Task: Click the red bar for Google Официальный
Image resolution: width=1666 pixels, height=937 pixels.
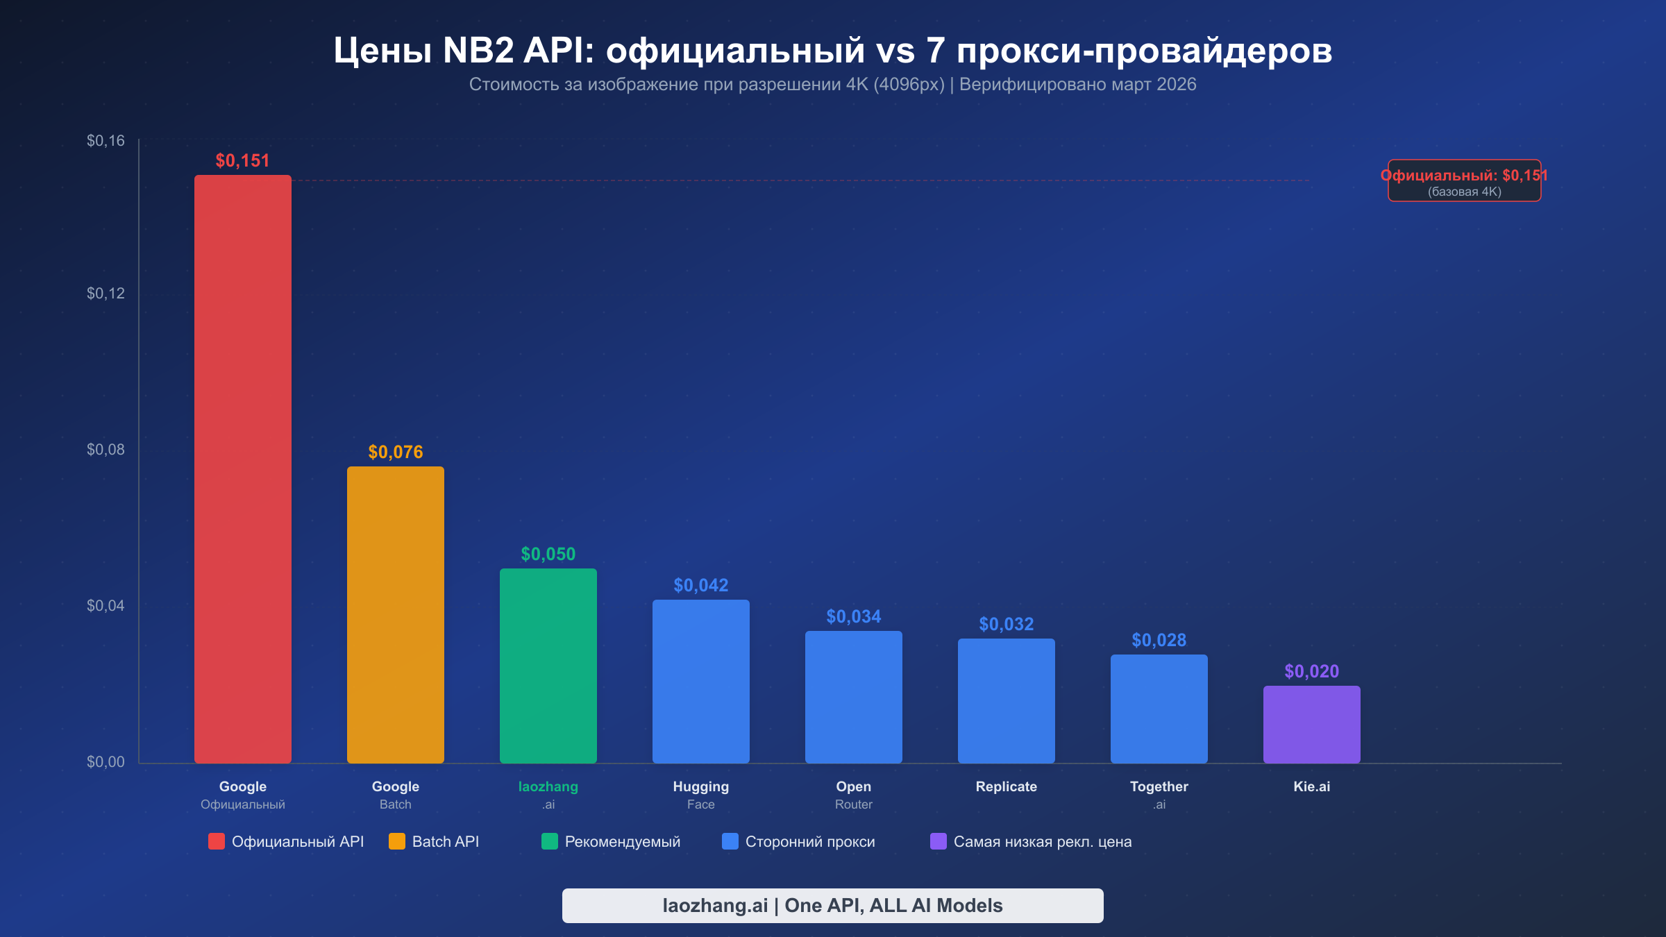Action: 242,468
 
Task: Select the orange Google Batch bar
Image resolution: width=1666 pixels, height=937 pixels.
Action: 395,614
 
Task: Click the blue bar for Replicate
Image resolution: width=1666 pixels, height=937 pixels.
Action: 1006,700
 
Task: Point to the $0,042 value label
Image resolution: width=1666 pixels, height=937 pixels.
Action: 700,585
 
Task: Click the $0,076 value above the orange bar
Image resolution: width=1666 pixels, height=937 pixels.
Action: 395,452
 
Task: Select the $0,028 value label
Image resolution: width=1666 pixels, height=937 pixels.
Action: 1159,640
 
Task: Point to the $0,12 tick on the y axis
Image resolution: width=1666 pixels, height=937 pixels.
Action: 106,293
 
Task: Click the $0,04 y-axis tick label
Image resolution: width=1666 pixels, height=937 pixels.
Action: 106,605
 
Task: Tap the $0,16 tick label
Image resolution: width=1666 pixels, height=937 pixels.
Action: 106,141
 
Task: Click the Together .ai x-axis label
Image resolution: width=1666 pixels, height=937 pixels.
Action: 1159,794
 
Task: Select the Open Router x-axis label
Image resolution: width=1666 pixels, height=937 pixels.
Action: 853,794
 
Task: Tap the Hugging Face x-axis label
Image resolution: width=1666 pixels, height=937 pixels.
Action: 700,794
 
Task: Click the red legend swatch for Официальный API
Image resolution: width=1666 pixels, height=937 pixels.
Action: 217,841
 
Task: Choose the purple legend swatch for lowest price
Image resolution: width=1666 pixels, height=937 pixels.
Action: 938,841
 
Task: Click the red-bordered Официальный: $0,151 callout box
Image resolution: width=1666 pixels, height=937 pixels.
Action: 1464,181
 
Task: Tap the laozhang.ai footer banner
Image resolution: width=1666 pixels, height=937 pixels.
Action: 832,905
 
